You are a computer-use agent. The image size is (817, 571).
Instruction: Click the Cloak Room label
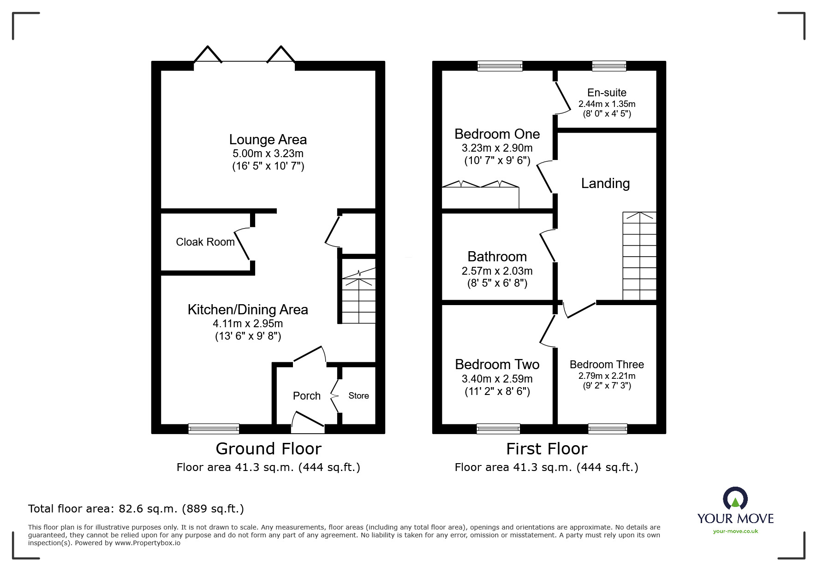pyautogui.click(x=205, y=242)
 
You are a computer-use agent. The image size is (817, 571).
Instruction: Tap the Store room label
pyautogui.click(x=358, y=396)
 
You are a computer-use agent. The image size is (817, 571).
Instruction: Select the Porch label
pyautogui.click(x=306, y=396)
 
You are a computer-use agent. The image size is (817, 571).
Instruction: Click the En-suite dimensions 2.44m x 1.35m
pyautogui.click(x=607, y=104)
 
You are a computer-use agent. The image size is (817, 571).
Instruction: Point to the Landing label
pyautogui.click(x=605, y=183)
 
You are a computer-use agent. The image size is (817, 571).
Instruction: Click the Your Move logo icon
pyautogui.click(x=735, y=500)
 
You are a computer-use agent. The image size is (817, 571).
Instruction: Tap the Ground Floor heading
pyautogui.click(x=268, y=449)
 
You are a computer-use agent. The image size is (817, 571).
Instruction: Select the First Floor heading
pyautogui.click(x=547, y=449)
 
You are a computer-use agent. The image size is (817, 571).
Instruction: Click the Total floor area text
pyautogui.click(x=136, y=509)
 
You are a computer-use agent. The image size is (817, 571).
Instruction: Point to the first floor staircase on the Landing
pyautogui.click(x=639, y=256)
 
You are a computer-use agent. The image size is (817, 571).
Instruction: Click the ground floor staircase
pyautogui.click(x=358, y=297)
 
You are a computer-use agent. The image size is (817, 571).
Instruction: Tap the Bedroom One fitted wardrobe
pyautogui.click(x=480, y=197)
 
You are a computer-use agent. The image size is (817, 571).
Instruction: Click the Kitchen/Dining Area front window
pyautogui.click(x=214, y=429)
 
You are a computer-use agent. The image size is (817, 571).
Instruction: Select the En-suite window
pyautogui.click(x=609, y=66)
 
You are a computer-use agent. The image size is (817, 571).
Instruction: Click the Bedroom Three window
pyautogui.click(x=608, y=429)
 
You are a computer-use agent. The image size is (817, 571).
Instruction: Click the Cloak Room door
pyautogui.click(x=243, y=244)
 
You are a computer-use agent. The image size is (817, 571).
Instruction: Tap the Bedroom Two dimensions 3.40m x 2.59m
pyautogui.click(x=497, y=379)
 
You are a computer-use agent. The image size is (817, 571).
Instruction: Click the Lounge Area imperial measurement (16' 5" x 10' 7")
pyautogui.click(x=268, y=166)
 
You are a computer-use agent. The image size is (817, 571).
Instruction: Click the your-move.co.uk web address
pyautogui.click(x=735, y=531)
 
